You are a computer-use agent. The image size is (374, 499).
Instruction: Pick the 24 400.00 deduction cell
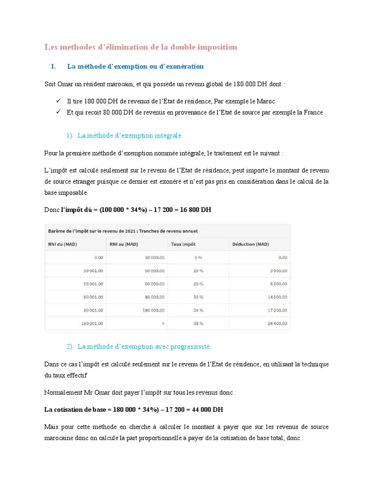click(x=276, y=323)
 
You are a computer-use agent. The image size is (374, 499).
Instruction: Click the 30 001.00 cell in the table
click(x=93, y=270)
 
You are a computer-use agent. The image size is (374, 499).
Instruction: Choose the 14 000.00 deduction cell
click(x=276, y=297)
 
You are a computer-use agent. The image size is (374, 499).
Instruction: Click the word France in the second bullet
click(x=313, y=112)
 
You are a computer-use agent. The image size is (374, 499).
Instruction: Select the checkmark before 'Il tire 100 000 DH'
click(x=58, y=101)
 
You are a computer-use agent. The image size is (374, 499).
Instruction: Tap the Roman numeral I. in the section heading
click(x=54, y=66)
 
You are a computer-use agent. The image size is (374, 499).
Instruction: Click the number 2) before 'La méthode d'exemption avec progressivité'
click(x=69, y=346)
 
